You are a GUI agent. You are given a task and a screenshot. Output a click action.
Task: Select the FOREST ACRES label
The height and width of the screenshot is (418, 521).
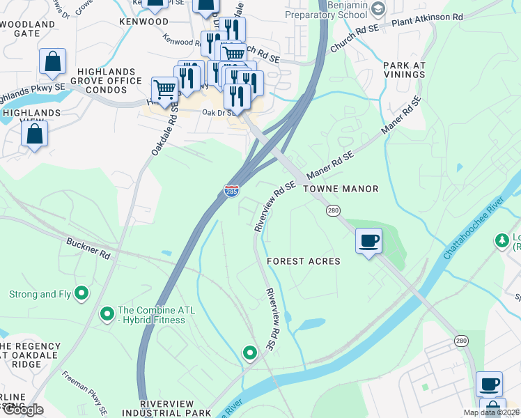304,261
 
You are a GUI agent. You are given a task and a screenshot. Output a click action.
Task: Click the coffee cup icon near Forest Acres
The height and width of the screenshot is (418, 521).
368,241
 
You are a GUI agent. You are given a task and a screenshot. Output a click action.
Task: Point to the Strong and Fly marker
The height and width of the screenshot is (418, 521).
81,294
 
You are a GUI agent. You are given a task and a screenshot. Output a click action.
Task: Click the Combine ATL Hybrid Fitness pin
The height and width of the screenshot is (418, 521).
107,314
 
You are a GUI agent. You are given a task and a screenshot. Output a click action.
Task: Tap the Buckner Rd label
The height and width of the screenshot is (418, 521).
88,249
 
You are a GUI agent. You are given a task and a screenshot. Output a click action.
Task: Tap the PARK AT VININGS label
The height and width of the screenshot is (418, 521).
404,70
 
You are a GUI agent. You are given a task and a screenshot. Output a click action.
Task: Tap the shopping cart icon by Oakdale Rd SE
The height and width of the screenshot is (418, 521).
164,90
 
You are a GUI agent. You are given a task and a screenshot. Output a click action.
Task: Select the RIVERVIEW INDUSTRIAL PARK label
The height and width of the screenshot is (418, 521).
176,408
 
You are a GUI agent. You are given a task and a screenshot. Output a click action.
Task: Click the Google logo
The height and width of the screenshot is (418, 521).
23,410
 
